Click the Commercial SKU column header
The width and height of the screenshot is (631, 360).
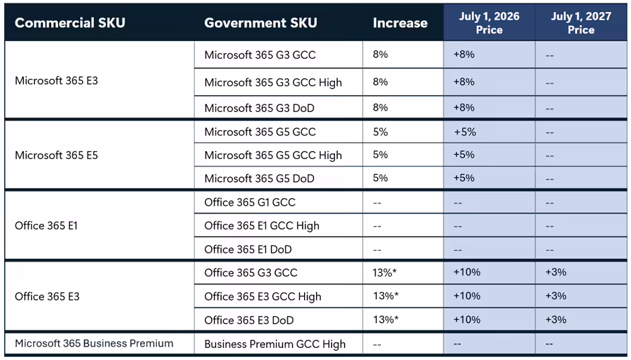pyautogui.click(x=71, y=23)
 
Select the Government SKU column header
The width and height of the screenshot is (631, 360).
pyautogui.click(x=260, y=23)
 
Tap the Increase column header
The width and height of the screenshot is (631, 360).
pyautogui.click(x=400, y=23)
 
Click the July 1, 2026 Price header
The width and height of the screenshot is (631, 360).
pyautogui.click(x=489, y=23)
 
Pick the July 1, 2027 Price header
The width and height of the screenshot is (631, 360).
pyautogui.click(x=580, y=23)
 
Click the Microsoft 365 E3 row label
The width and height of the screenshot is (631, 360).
pyautogui.click(x=57, y=81)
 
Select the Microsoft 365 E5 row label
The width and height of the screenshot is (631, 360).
pyautogui.click(x=57, y=155)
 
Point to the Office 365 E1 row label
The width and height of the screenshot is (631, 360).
pyautogui.click(x=46, y=226)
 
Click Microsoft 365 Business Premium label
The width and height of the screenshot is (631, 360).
pyautogui.click(x=94, y=343)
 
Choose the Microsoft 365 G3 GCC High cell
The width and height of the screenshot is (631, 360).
pyautogui.click(x=273, y=82)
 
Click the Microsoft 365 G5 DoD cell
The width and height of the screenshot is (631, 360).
pyautogui.click(x=259, y=179)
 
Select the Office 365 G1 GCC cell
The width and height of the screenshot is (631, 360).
pyautogui.click(x=249, y=202)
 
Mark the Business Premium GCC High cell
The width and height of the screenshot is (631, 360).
pyautogui.click(x=274, y=344)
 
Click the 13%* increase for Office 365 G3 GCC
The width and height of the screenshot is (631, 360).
pyautogui.click(x=386, y=272)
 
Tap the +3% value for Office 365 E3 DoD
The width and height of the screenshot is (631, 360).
pyautogui.click(x=555, y=320)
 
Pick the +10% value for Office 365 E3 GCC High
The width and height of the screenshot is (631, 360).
pyautogui.click(x=467, y=296)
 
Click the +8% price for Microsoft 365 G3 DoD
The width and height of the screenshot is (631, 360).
pyautogui.click(x=464, y=107)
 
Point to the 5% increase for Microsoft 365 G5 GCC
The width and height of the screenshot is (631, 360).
pyautogui.click(x=380, y=131)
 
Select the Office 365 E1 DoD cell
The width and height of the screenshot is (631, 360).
pyautogui.click(x=248, y=249)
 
